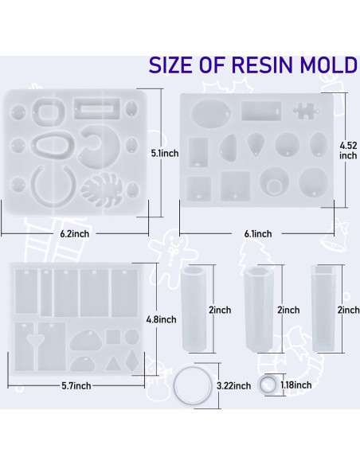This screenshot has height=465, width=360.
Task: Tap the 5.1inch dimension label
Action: (165, 153)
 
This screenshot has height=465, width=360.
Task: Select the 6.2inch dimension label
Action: (75, 233)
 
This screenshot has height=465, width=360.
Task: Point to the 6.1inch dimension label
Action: (258, 233)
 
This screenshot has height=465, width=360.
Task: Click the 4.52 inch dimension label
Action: (348, 150)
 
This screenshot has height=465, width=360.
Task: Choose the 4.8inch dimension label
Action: (161, 319)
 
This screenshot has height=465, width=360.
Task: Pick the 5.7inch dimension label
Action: (76, 385)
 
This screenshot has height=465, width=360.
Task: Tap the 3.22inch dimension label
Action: (233, 385)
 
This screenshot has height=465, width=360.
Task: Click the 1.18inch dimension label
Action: (296, 385)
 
